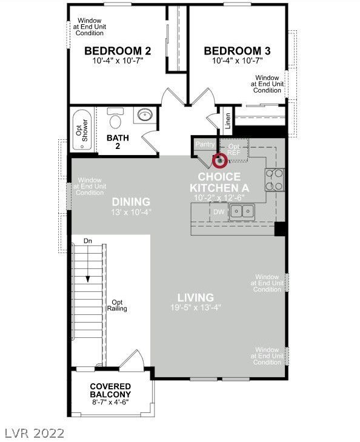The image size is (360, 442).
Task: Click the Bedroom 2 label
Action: coord(118,51)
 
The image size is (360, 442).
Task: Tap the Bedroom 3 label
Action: coord(238,51)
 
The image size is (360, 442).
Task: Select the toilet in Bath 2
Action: coord(115,117)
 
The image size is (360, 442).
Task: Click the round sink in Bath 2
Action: coord(145,114)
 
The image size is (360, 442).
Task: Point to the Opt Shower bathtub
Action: coord(82,130)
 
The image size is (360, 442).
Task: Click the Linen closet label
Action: coord(228,121)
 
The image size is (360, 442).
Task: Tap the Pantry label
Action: coord(205,144)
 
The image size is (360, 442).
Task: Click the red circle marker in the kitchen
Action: coord(220,160)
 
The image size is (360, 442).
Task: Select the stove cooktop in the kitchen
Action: coord(275,179)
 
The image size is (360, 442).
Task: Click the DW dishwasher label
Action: coord(219,212)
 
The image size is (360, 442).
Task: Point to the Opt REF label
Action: coord(234,150)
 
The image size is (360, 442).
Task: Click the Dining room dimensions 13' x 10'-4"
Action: coord(132,213)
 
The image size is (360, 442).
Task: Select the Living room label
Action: coord(196,298)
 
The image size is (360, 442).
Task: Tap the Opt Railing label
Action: coord(117,305)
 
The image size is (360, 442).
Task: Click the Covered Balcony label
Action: coord(110,390)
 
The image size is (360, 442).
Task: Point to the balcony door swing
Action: coord(131,358)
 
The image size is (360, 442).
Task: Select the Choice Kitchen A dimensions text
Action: coord(219,197)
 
